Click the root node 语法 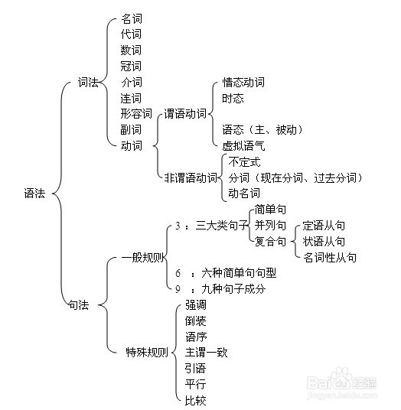pos(34,194)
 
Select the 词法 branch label pos(88,83)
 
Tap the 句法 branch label pos(79,305)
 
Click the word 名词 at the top pos(132,19)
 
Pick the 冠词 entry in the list pos(131,66)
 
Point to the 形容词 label pos(136,114)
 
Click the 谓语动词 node pos(185,114)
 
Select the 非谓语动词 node pos(191,177)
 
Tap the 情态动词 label pos(243,83)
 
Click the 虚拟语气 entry pos(243,146)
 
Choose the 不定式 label pos(244,162)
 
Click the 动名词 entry pos(244,194)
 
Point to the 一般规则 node pos(142,258)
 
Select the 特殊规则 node pos(147,352)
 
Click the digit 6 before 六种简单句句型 pos(178,273)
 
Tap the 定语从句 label pos(324,226)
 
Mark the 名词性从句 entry pos(330,258)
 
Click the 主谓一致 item pos(206,352)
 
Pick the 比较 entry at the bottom pos(195,400)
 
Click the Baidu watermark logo pos(342,382)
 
